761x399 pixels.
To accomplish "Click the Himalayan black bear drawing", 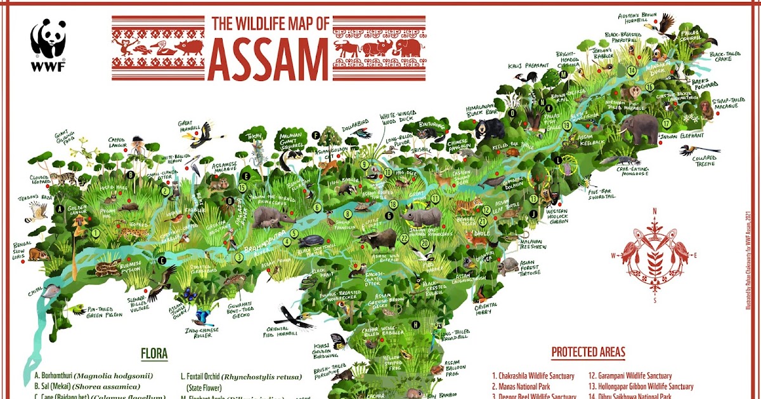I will click(488, 129).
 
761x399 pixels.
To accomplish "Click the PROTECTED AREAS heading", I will click(588, 352).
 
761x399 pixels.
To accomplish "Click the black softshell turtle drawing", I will click(312, 241).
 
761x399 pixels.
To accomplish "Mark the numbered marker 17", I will click(666, 123).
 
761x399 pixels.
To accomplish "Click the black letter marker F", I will click(315, 134).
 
